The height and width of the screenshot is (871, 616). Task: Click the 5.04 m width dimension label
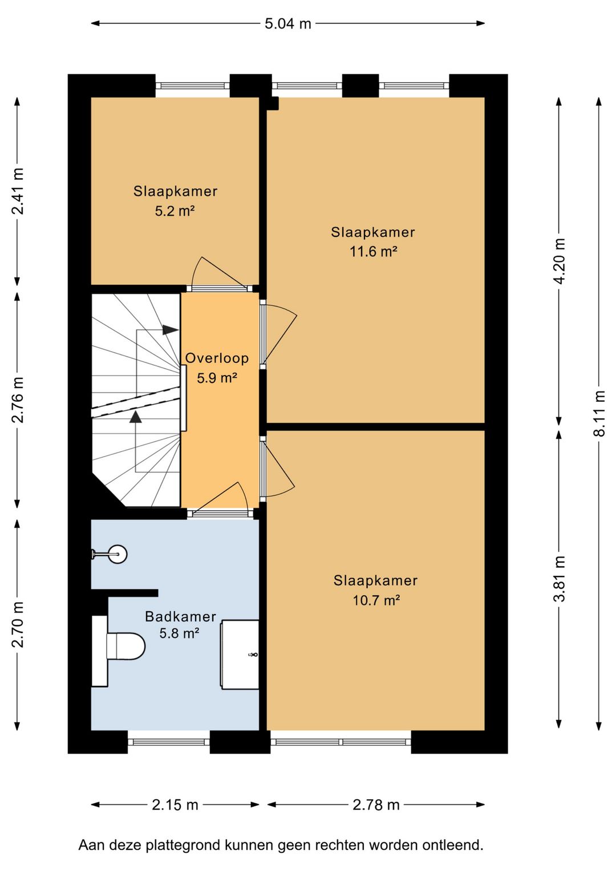click(x=288, y=24)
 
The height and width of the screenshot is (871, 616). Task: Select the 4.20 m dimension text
click(x=560, y=261)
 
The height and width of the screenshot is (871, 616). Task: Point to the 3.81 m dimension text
click(x=560, y=579)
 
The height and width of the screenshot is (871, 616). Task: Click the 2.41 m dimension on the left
click(x=18, y=191)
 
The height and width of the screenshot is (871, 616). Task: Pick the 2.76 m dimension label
click(x=18, y=400)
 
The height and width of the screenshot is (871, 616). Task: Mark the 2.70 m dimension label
click(x=18, y=624)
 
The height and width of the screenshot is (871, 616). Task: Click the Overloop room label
click(x=217, y=358)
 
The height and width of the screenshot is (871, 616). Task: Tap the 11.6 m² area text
click(x=374, y=252)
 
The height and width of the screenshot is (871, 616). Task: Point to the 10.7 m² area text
click(x=376, y=600)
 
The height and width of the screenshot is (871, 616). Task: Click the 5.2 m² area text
click(x=175, y=211)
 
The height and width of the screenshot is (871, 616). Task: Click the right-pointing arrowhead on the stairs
click(x=170, y=330)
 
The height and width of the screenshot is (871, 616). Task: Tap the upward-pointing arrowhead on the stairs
click(x=136, y=417)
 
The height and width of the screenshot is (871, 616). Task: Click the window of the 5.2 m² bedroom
click(x=193, y=86)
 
